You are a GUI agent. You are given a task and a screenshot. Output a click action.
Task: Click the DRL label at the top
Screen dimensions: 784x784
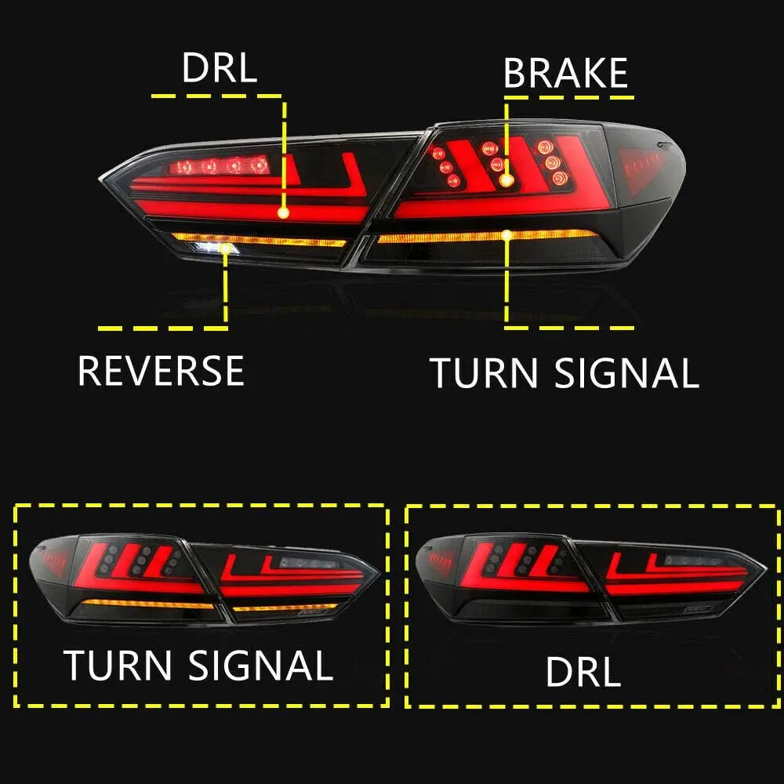[x=219, y=68]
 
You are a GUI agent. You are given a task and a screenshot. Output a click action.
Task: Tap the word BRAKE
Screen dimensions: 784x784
[x=565, y=73]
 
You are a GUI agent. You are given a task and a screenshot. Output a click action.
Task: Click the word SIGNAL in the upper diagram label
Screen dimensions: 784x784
[x=626, y=373]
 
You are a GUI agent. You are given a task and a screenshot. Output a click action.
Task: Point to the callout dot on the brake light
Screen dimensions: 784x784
[x=506, y=180]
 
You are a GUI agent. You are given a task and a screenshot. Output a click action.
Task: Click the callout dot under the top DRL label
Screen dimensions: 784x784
[x=283, y=212]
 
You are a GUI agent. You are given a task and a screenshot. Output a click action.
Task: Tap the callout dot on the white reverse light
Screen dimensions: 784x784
[x=227, y=249]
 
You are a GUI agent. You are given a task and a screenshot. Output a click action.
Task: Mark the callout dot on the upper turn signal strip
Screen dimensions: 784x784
[x=508, y=234]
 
